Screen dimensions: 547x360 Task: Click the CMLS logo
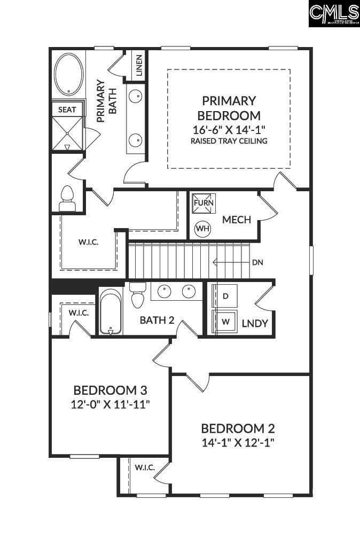point(334,13)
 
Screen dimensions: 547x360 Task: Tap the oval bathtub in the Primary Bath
point(68,75)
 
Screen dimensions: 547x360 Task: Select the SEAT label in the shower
point(67,110)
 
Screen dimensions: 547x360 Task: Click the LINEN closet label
point(139,66)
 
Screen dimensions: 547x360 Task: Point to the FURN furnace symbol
point(204,204)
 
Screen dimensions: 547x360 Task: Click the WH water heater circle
point(202,229)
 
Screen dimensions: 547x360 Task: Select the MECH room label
point(237,220)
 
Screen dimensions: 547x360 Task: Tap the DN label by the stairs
point(257,262)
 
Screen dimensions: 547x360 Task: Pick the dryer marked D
point(225,296)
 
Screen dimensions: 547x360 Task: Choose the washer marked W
point(225,322)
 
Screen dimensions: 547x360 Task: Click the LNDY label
point(254,323)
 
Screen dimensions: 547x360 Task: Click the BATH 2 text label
point(157,321)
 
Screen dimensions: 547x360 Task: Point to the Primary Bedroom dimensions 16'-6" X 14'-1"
point(229,129)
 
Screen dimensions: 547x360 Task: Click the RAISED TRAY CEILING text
point(229,141)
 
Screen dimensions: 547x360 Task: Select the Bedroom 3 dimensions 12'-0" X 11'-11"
point(111,404)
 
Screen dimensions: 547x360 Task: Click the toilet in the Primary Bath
point(67,197)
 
